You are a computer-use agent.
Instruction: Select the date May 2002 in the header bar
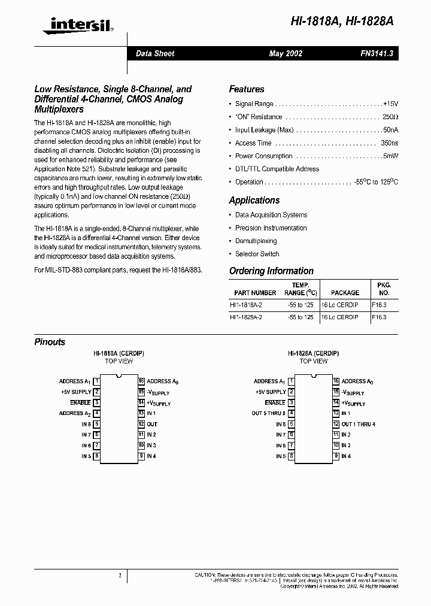(x=286, y=53)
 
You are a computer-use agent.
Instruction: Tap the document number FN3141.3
(x=375, y=53)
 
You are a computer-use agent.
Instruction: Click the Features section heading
(x=246, y=89)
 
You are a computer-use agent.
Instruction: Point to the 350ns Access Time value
(x=389, y=143)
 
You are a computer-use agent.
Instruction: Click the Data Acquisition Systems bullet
(x=271, y=215)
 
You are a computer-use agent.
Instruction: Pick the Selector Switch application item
(x=257, y=254)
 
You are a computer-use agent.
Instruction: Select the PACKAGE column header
(x=345, y=293)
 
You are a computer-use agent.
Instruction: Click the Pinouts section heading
(x=50, y=342)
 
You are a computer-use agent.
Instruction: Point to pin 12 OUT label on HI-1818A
(x=152, y=424)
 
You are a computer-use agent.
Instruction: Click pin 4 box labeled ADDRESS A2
(x=96, y=413)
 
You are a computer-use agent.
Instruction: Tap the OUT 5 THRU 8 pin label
(x=268, y=413)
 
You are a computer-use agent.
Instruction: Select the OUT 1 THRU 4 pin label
(x=358, y=424)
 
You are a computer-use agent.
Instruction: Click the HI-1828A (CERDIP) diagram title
(x=313, y=354)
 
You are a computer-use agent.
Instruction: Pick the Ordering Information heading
(x=271, y=271)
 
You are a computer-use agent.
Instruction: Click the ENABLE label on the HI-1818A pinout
(x=80, y=403)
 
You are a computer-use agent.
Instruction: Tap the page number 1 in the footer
(x=120, y=575)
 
